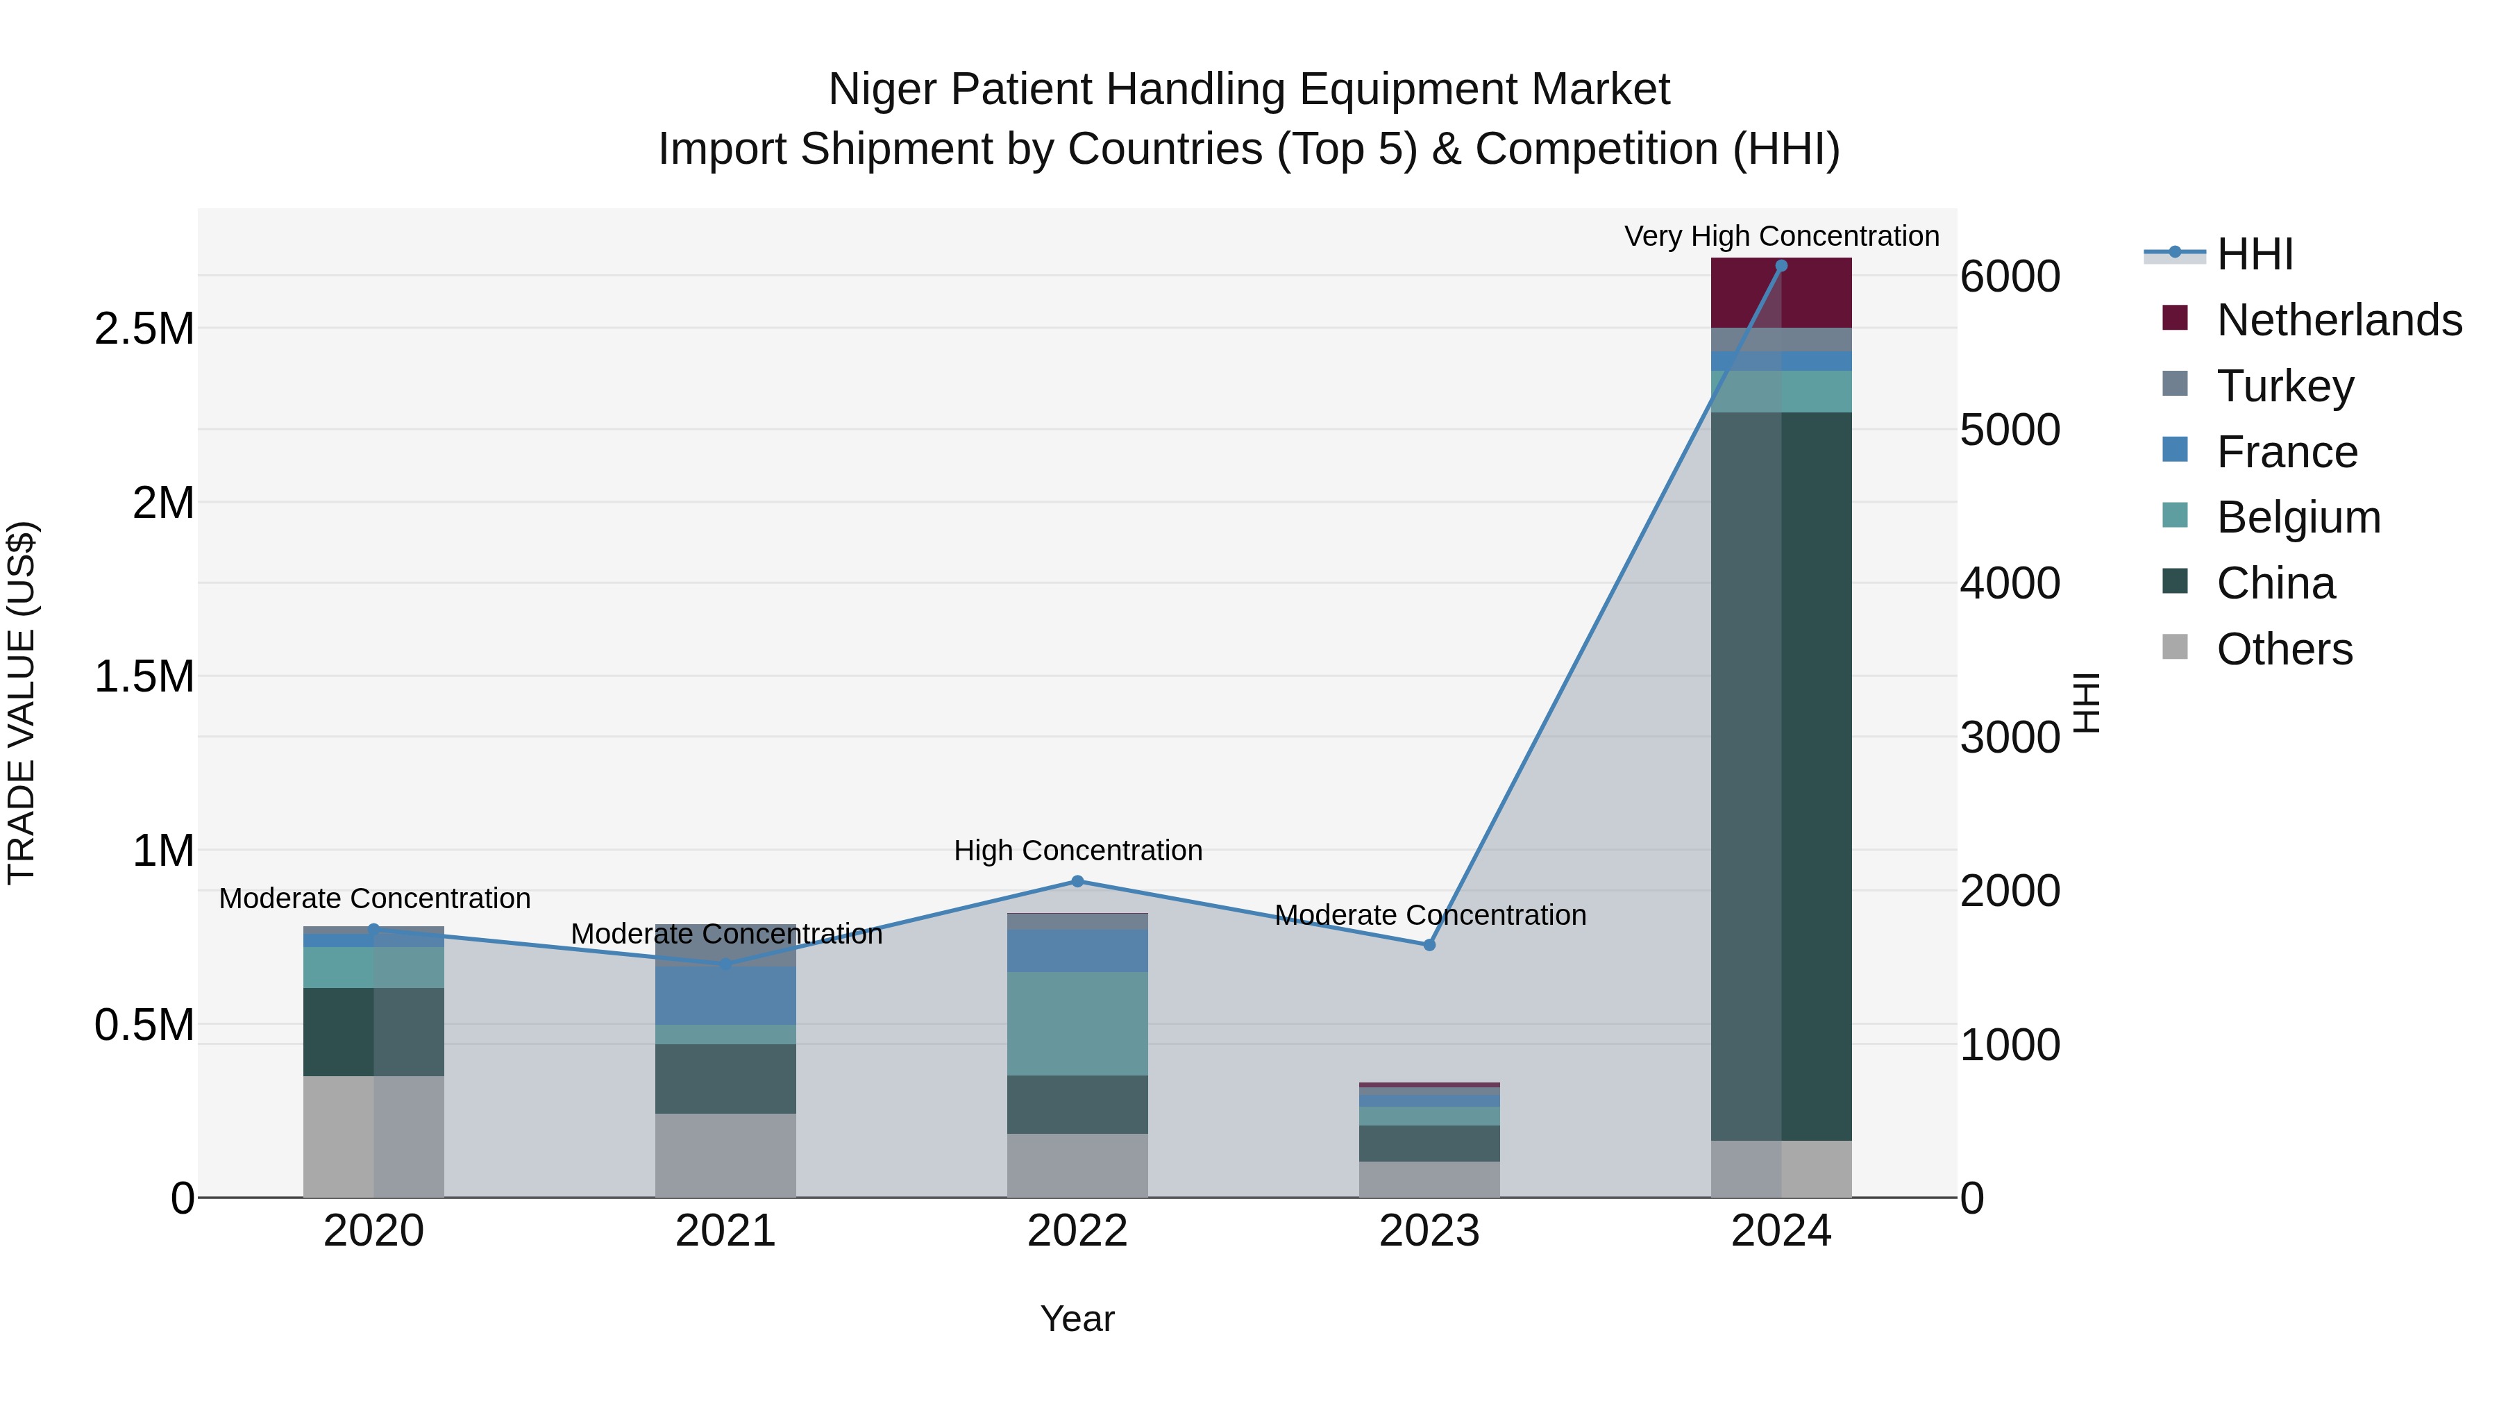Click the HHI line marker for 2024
tap(1781, 266)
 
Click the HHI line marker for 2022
tap(1077, 882)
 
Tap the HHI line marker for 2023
tap(1429, 945)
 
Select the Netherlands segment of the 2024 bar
tap(1781, 293)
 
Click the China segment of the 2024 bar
tap(1781, 776)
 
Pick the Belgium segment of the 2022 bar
tap(1077, 1023)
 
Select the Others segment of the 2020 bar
tap(373, 1136)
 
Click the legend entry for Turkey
tap(2285, 386)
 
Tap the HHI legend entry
tap(2255, 254)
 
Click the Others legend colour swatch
tap(2175, 647)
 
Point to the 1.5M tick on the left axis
tap(144, 676)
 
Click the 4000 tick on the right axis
tap(2009, 583)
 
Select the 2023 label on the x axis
tap(1429, 1231)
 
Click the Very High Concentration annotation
tap(1781, 236)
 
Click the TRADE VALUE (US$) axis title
tap(22, 703)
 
